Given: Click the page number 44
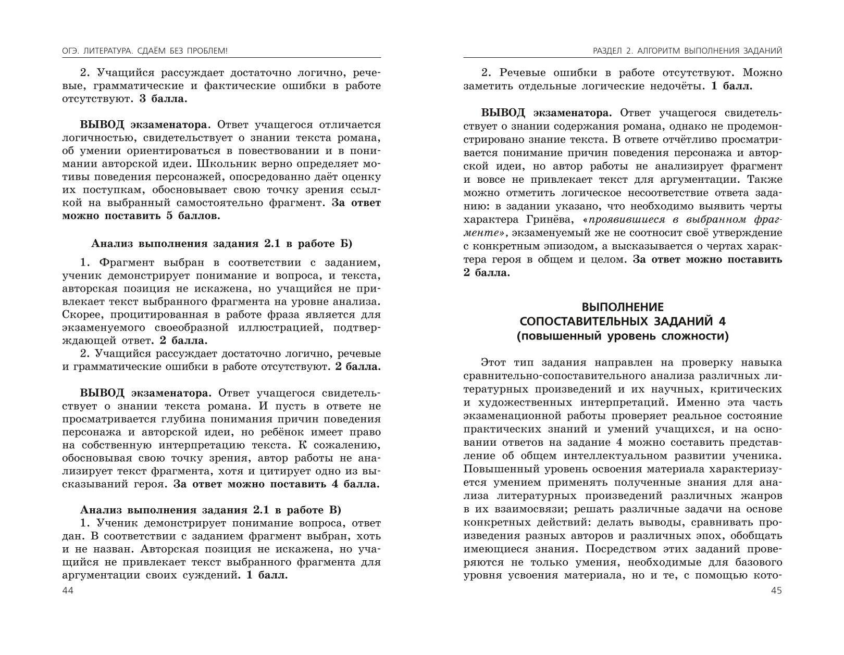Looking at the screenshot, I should (x=68, y=590).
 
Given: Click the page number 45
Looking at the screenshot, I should (x=775, y=590).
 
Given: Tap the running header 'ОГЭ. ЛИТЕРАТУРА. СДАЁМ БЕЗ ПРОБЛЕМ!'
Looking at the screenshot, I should (x=144, y=51).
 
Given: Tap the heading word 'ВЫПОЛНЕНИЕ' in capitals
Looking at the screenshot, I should (x=623, y=307).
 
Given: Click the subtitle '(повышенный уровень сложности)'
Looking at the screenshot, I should (x=623, y=336).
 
